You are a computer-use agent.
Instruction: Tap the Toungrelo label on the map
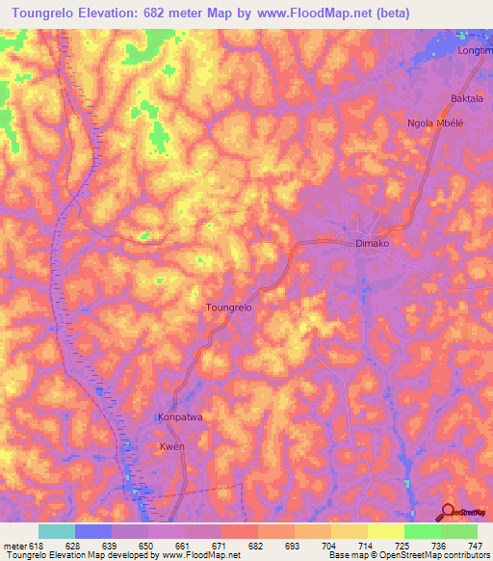(229, 307)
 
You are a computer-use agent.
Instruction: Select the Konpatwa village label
(179, 418)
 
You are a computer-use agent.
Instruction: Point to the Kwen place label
(171, 448)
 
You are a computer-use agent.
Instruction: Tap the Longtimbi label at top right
(477, 49)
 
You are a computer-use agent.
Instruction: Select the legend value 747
(476, 545)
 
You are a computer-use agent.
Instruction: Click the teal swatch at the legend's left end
(57, 531)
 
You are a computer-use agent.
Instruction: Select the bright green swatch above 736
(422, 531)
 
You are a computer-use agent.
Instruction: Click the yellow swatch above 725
(385, 531)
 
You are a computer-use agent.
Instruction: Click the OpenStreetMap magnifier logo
(448, 512)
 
